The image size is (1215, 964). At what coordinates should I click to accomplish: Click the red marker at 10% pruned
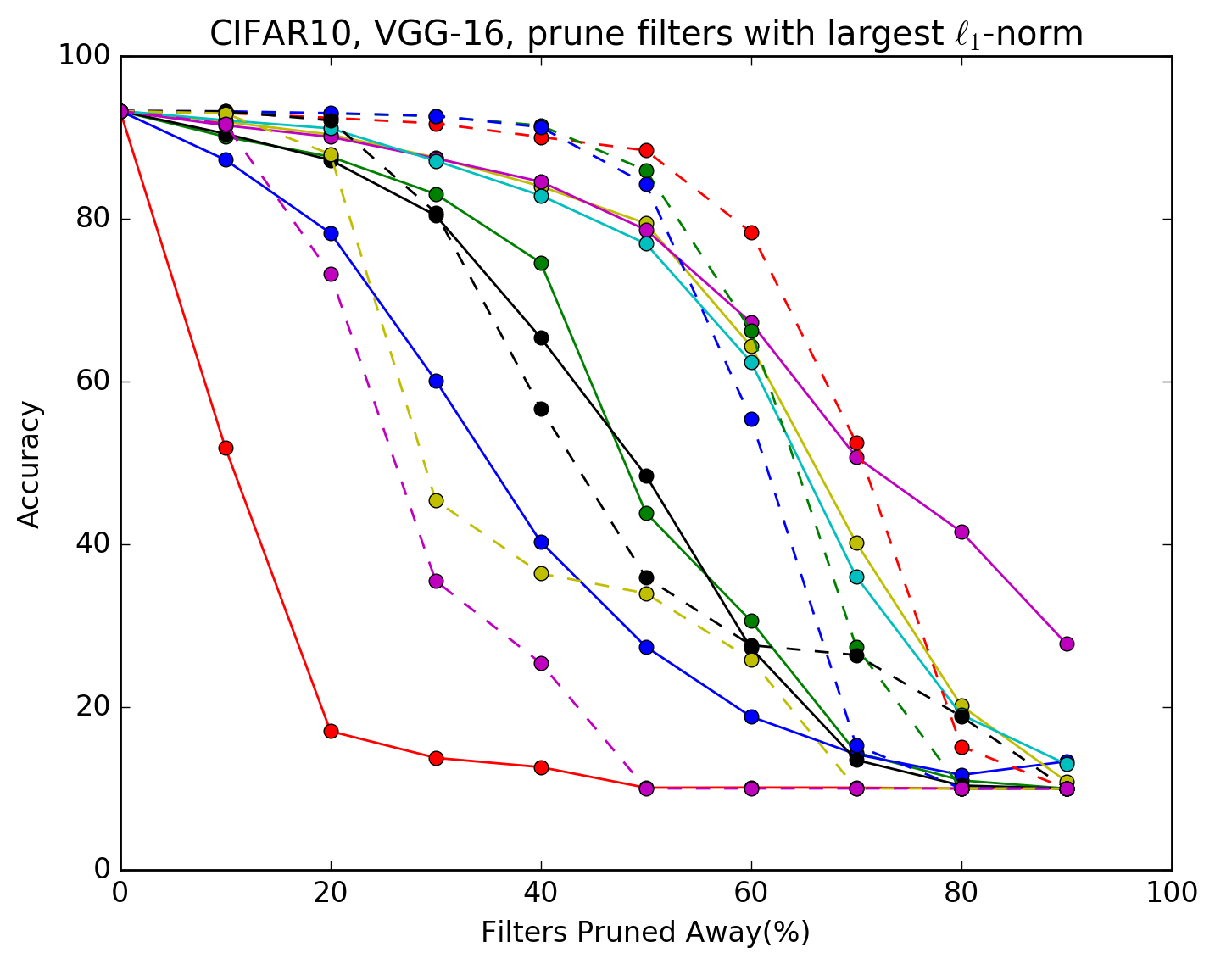[226, 448]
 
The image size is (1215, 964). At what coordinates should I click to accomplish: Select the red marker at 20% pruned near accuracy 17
[331, 731]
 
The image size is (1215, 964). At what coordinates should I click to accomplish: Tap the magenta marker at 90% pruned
[1067, 644]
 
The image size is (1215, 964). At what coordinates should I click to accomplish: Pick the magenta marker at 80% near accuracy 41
[961, 532]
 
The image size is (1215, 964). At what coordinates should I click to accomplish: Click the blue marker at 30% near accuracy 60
[436, 381]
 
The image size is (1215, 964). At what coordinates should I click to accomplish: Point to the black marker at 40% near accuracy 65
[541, 337]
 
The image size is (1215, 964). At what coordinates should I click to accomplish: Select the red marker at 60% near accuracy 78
[751, 232]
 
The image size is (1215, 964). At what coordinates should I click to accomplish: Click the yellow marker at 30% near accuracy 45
[436, 500]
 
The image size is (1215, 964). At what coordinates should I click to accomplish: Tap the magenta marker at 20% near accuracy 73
[331, 274]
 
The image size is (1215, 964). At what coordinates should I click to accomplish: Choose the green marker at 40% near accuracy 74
[541, 263]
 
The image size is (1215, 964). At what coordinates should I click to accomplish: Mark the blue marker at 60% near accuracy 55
[751, 419]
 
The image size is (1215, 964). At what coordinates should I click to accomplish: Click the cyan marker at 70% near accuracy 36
[856, 577]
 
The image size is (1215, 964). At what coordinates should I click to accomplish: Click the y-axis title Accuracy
[30, 465]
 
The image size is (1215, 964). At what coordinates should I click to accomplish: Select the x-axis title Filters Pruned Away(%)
[645, 933]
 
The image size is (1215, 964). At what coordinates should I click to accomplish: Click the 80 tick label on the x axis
[961, 893]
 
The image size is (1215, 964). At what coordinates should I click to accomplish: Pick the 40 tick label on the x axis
[541, 893]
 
